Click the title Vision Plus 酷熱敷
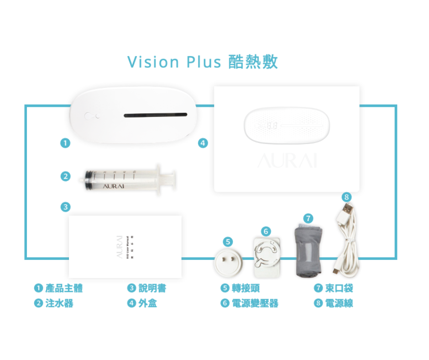[203, 62]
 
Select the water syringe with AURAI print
[123, 180]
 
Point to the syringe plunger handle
[170, 179]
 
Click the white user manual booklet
[125, 247]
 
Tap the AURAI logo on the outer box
[287, 160]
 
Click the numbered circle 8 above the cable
[346, 197]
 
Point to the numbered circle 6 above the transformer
[267, 231]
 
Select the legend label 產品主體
[64, 288]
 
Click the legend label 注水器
[59, 303]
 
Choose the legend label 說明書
[152, 288]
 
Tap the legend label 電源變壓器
[255, 303]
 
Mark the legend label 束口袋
[339, 288]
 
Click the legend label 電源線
[339, 303]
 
